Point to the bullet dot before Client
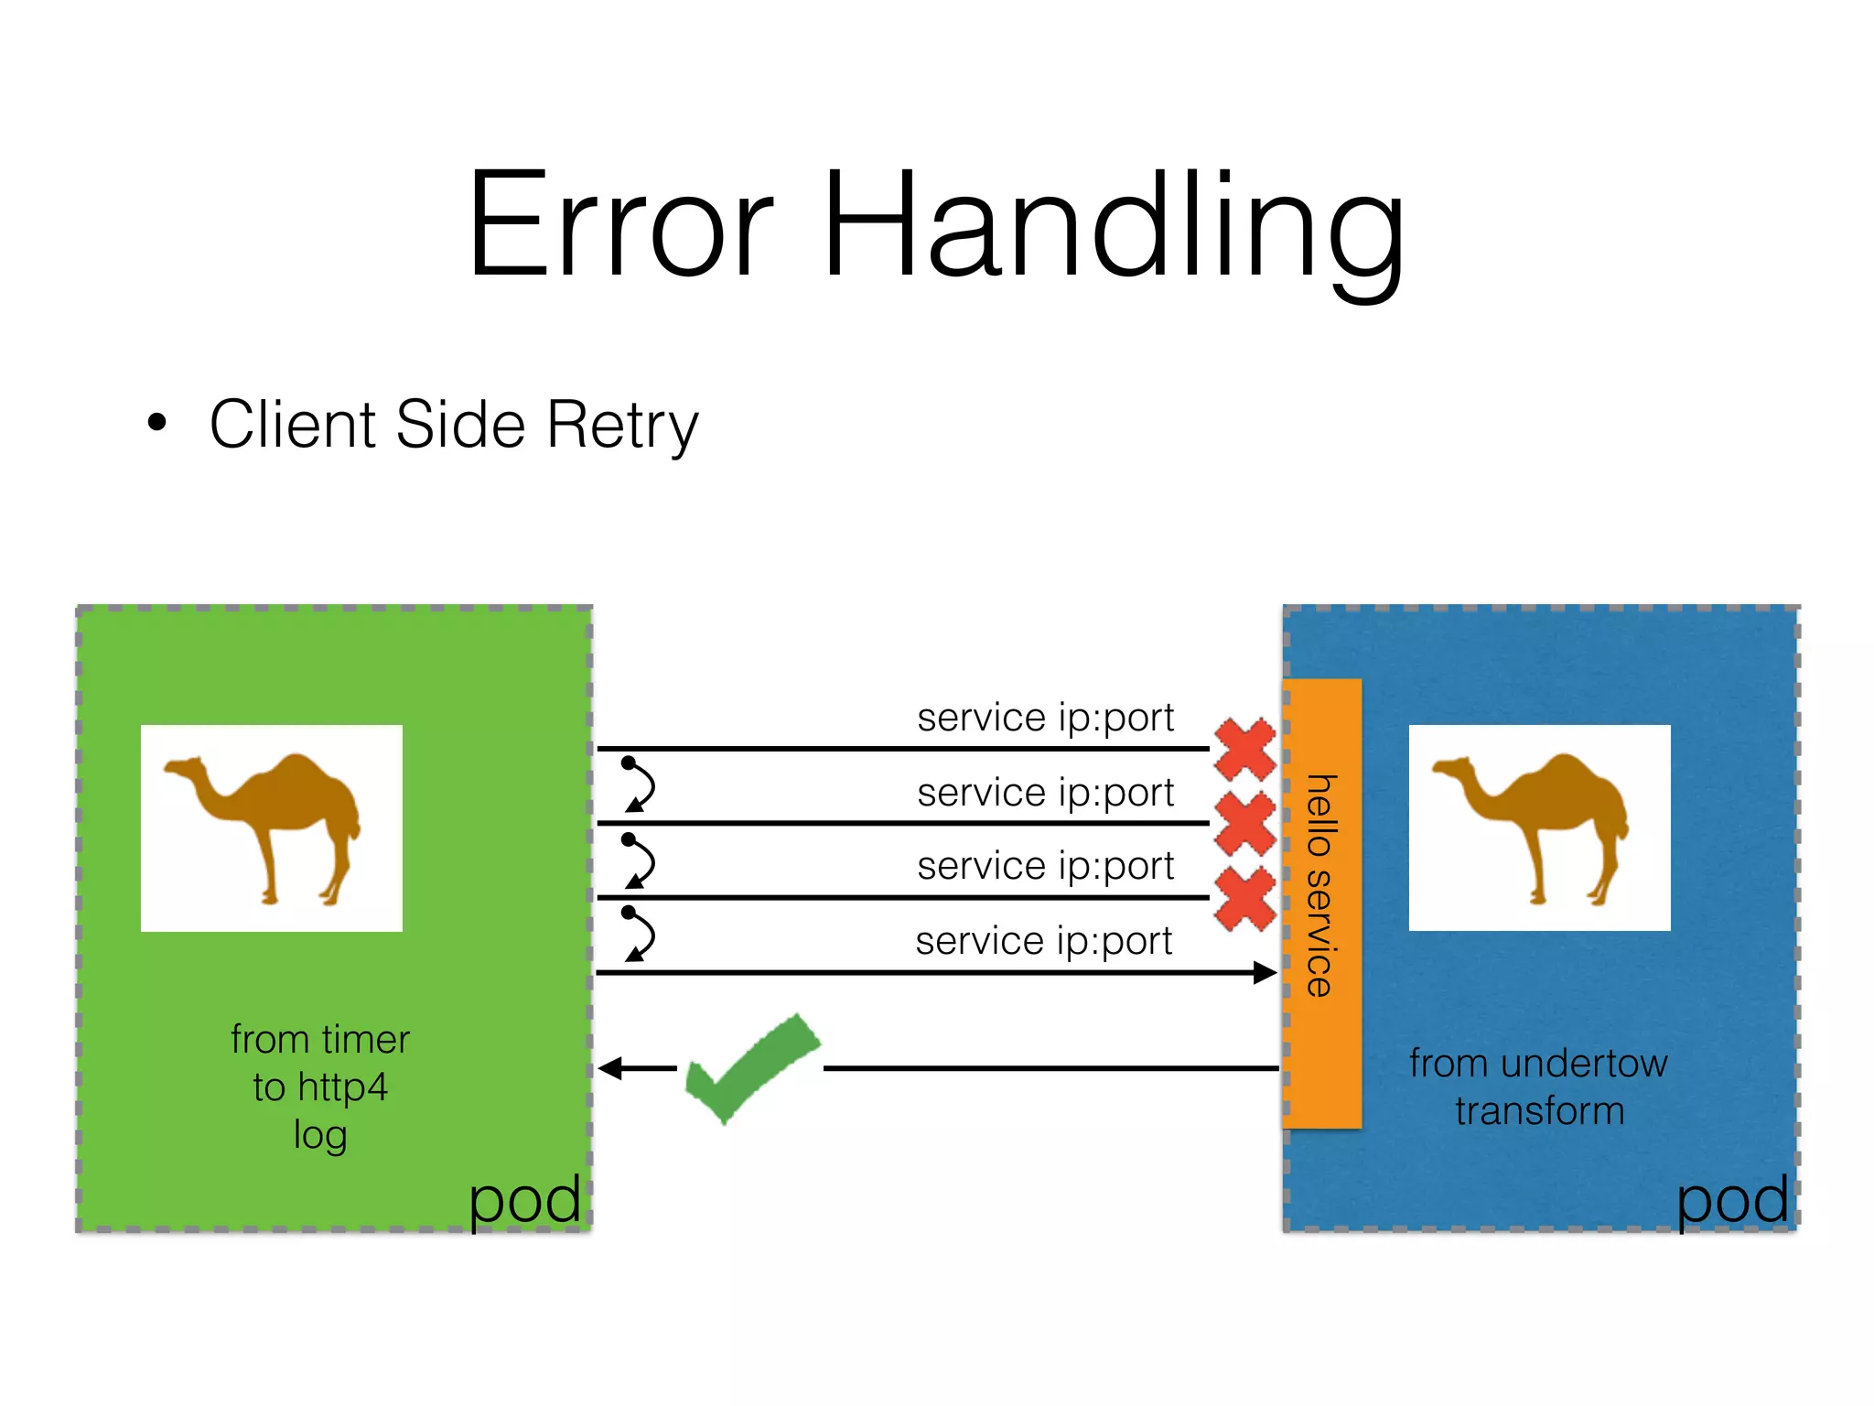coord(157,423)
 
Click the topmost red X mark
coord(1244,749)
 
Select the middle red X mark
coord(1244,824)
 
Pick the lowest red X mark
coord(1244,899)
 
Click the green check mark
coord(750,1066)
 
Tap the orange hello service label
coord(1321,902)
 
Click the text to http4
coord(320,1087)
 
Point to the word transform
coord(1539,1111)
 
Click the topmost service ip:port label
coord(1045,718)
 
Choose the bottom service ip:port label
coord(1043,941)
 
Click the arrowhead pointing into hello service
coord(1265,972)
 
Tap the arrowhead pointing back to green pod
coord(611,1068)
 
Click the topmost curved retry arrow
coord(640,785)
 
